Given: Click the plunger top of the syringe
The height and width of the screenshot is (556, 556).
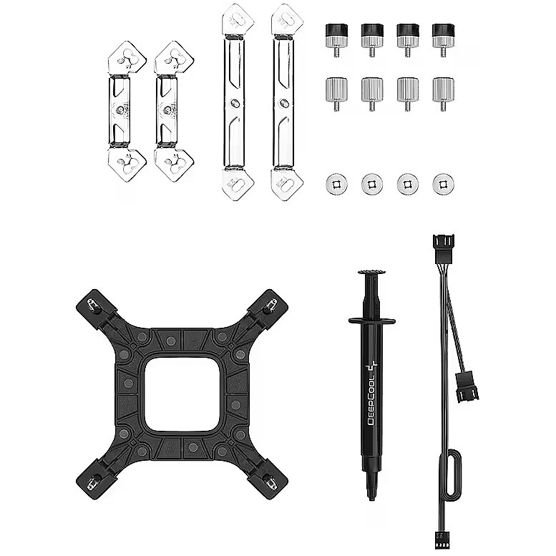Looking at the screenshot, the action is point(371,273).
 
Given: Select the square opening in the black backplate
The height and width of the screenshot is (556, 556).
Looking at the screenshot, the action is point(185,394).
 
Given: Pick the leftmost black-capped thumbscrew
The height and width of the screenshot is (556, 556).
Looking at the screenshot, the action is point(336,39).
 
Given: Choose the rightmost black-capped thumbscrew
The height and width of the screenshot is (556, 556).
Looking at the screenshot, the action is point(443,39).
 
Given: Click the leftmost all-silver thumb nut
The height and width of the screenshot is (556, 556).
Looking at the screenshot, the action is point(336,94).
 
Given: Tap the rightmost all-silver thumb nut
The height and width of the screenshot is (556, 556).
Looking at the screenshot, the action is point(443,94).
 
